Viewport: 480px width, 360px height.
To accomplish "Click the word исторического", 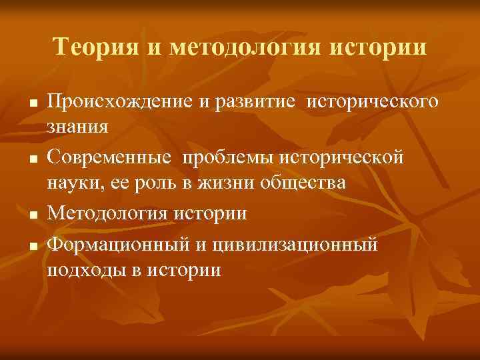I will click(377, 103).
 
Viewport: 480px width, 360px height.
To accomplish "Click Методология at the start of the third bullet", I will click(111, 214).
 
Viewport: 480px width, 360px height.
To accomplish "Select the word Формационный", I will click(121, 247).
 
